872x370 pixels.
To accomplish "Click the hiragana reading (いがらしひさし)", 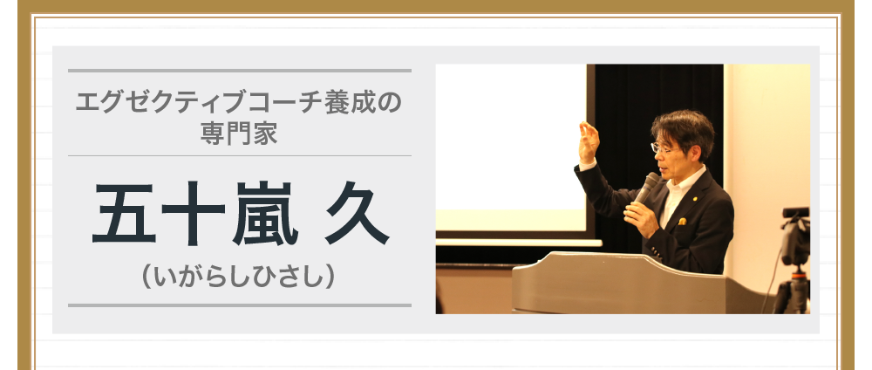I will click(x=239, y=277).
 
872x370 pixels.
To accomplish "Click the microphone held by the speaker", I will click(x=646, y=187).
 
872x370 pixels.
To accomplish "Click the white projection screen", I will click(x=510, y=148).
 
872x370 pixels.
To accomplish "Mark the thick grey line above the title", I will click(x=239, y=70).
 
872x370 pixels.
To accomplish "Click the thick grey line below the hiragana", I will click(x=239, y=305).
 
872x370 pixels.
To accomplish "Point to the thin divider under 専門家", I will click(x=239, y=155).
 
